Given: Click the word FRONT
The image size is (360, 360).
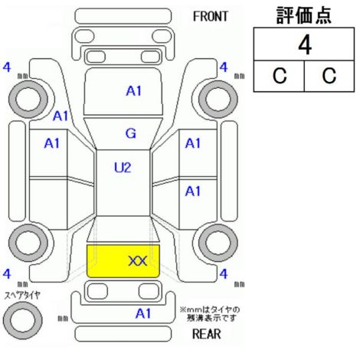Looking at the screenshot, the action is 211,17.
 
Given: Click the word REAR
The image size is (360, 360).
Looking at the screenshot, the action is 207,334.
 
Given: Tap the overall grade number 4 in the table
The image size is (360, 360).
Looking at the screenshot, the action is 305,45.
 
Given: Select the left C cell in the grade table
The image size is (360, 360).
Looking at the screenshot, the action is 280,76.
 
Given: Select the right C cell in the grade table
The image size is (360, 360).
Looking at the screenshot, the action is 329,76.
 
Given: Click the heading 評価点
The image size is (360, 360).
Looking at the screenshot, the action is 304,15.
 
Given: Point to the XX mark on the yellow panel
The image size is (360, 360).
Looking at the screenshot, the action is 138,261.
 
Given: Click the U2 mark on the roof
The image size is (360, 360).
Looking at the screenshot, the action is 123,168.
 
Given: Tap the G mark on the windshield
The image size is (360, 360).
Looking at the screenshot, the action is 131,133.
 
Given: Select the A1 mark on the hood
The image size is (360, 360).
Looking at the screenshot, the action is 134,91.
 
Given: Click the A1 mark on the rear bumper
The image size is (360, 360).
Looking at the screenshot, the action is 143,313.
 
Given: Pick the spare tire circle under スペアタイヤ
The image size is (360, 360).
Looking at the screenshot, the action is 23,320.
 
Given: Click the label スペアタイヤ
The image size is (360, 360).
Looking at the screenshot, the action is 22,296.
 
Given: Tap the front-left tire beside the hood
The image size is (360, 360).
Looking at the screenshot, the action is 28,99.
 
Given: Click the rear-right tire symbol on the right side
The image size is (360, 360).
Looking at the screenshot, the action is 218,242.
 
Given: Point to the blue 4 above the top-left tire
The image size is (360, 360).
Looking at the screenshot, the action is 7,67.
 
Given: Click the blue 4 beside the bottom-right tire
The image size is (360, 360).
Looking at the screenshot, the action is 224,274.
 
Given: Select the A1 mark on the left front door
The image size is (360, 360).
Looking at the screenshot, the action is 52,143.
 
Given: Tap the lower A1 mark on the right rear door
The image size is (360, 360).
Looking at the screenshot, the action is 193,191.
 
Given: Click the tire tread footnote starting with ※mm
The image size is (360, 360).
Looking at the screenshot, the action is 210,314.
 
